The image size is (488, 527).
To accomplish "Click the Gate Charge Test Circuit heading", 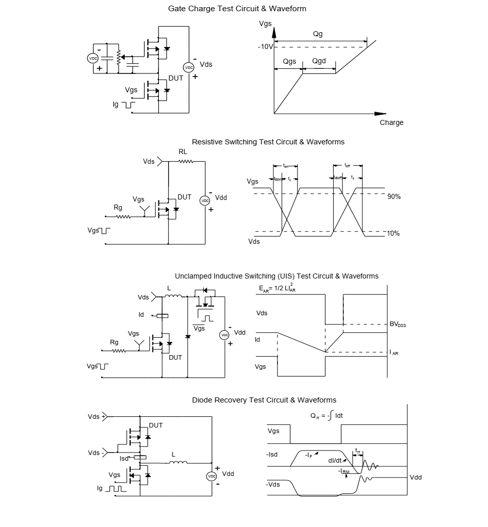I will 237,9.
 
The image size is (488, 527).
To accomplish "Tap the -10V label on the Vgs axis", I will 265,46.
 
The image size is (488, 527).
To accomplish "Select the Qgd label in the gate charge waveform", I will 319,61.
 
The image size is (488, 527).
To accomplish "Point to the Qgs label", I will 289,61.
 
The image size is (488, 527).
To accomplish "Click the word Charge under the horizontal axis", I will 391,122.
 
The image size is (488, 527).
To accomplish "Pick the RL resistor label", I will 183,152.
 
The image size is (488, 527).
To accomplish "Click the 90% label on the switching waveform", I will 393,196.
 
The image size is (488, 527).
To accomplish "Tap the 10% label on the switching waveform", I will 393,233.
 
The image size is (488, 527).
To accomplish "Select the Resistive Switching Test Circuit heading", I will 268,142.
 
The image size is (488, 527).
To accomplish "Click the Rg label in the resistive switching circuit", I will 118,208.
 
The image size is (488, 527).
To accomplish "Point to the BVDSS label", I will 398,324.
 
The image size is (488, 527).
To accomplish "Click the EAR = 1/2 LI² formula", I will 277,289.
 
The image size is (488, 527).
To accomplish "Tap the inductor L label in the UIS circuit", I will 169,288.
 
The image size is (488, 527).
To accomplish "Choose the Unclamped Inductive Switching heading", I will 276,276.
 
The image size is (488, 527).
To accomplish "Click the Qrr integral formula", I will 327,416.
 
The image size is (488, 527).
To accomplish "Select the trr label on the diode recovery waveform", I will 358,451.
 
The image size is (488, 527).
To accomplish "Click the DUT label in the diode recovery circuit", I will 156,425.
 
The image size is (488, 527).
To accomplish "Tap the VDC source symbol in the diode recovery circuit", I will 212,476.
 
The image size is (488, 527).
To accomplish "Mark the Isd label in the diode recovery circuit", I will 124,459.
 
